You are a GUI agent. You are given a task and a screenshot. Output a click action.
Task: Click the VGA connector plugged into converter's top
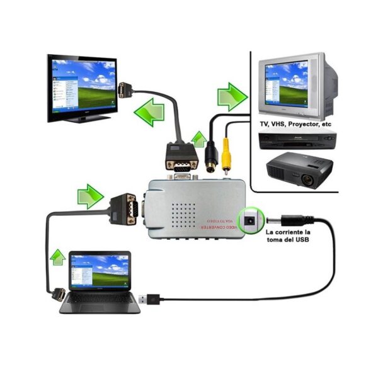pos(181,157)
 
